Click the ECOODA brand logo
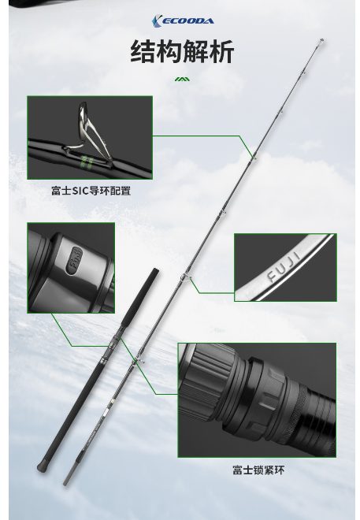pyautogui.click(x=183, y=21)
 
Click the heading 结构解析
pyautogui.click(x=182, y=51)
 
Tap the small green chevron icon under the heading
pyautogui.click(x=182, y=79)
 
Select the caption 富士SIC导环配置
pyautogui.click(x=91, y=191)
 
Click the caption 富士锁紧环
pyautogui.click(x=258, y=470)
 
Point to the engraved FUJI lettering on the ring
pyautogui.click(x=284, y=266)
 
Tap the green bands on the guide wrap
pyautogui.click(x=87, y=162)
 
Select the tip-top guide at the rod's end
pyautogui.click(x=321, y=42)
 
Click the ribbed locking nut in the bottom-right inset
pyautogui.click(x=206, y=388)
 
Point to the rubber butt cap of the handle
pyautogui.click(x=41, y=467)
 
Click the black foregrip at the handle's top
pyautogui.click(x=140, y=297)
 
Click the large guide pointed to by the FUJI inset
pyautogui.click(x=185, y=277)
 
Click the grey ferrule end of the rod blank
pyautogui.click(x=67, y=477)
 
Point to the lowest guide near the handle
pyautogui.click(x=140, y=362)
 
